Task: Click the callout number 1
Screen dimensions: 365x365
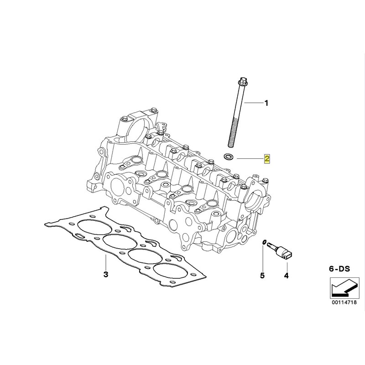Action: (267, 103)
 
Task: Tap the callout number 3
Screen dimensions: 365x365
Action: (105, 275)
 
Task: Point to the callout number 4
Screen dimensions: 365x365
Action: (287, 275)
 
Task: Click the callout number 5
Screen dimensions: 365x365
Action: (262, 275)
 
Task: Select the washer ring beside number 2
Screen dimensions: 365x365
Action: (227, 157)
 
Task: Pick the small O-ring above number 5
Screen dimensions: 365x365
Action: (264, 242)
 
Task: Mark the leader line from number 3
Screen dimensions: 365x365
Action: (105, 262)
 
